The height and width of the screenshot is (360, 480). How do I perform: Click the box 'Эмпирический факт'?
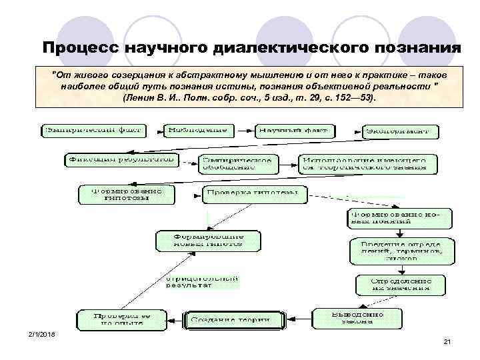point(93,130)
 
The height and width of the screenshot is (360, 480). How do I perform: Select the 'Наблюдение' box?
point(197,130)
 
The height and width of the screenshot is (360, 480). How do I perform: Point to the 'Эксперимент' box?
point(401,131)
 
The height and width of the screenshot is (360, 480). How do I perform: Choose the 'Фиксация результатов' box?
point(122,160)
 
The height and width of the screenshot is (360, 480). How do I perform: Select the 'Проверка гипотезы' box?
point(255,194)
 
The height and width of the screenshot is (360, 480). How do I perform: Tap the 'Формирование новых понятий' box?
point(399,218)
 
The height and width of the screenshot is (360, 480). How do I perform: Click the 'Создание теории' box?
point(230,320)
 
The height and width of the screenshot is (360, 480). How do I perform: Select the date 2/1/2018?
point(43,334)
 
